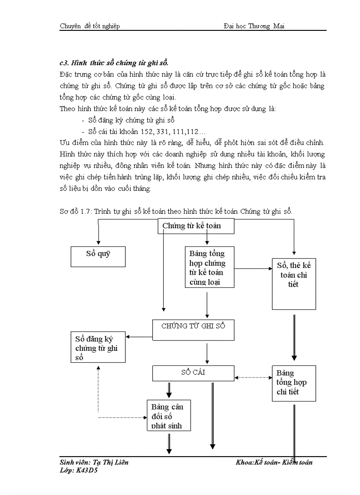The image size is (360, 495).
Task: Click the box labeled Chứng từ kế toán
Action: point(196,226)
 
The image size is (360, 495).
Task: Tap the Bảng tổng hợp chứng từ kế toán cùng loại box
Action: point(209,267)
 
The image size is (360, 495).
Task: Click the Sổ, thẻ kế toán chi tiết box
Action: point(294,283)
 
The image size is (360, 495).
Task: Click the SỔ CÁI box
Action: point(193,373)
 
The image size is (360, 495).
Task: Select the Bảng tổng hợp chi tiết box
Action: point(293,382)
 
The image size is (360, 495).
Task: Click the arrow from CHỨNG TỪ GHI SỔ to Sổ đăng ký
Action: point(139,337)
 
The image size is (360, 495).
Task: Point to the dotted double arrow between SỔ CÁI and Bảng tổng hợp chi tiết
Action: point(253,377)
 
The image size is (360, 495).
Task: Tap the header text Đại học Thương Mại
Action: point(254,26)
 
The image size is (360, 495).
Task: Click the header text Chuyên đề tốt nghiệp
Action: point(90,26)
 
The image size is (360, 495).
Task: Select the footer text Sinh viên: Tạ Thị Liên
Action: point(94,462)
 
